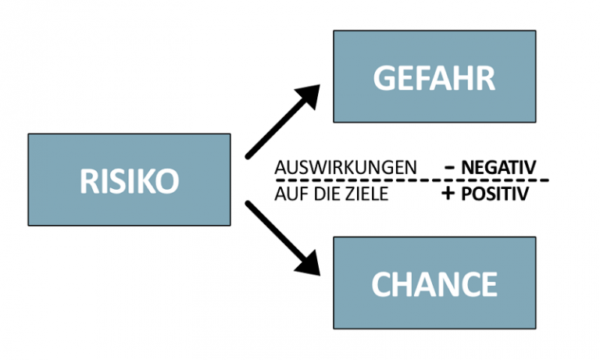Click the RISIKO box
(x=129, y=180)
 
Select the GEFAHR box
(x=434, y=77)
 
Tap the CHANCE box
(x=434, y=283)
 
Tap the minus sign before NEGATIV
(x=451, y=166)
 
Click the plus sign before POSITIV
(x=448, y=194)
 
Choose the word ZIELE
(x=366, y=194)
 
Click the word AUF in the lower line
(x=287, y=194)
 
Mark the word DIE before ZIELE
(x=323, y=194)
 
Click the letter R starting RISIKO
(x=89, y=181)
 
